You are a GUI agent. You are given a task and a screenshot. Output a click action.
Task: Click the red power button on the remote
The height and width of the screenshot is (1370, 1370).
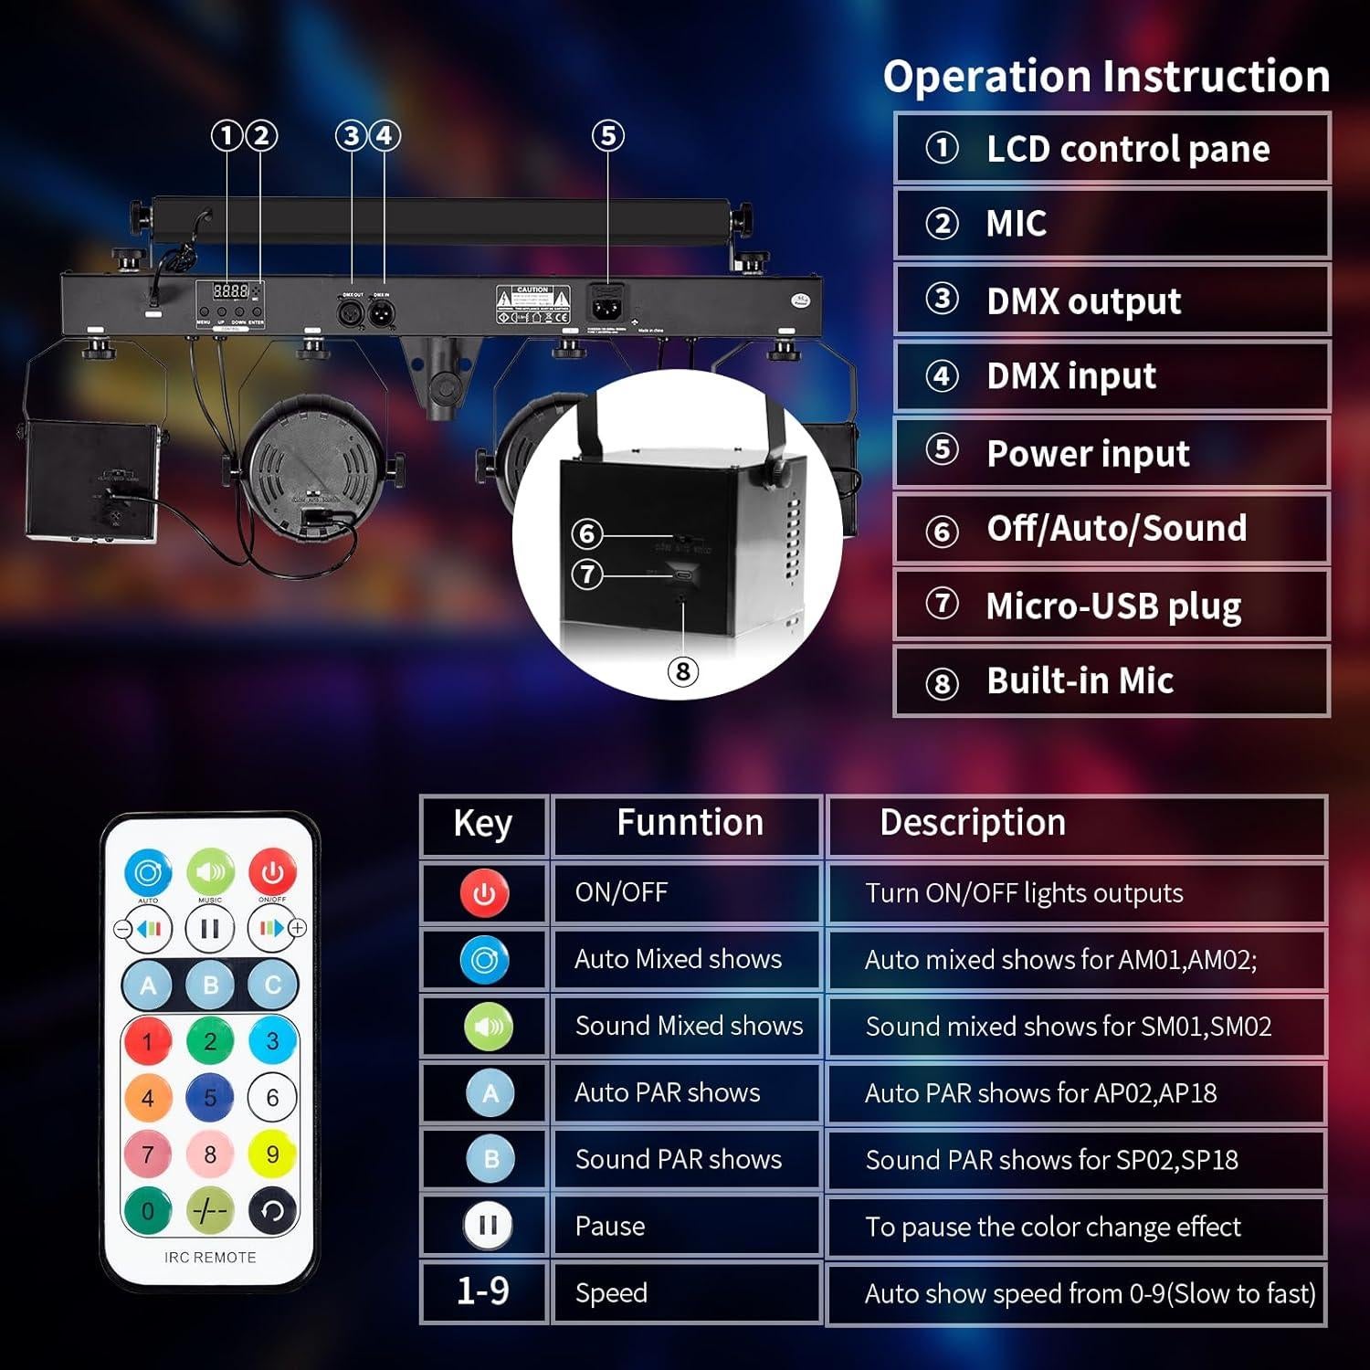point(272,872)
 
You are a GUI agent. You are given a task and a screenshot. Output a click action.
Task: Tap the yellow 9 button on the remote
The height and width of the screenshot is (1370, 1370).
point(272,1154)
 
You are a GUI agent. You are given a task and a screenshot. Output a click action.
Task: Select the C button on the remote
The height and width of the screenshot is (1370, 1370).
point(272,985)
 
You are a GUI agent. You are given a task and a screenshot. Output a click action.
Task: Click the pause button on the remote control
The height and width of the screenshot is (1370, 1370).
point(210,929)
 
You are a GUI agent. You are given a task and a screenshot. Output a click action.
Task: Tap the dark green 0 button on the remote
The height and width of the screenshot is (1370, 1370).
point(148,1211)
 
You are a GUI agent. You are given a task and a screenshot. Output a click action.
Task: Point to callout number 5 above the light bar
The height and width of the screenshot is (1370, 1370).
point(608,136)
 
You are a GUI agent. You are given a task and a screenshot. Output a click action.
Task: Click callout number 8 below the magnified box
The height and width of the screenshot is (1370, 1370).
point(683,671)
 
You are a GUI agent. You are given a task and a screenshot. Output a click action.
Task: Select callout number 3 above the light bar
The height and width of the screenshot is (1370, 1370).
point(351,136)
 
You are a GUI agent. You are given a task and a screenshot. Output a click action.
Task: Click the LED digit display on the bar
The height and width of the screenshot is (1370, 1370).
point(230,290)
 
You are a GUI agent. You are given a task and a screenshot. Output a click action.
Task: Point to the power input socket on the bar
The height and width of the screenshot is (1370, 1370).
point(603,303)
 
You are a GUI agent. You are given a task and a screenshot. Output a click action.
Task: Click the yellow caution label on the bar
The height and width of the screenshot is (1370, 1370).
point(532,303)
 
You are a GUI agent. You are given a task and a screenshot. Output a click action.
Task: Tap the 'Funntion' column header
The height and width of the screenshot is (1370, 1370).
point(689,823)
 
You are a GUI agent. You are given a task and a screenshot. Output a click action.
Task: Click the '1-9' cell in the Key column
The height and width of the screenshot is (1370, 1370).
point(483,1291)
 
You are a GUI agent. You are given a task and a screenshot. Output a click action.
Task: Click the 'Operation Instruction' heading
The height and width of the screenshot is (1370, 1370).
point(1106,76)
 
